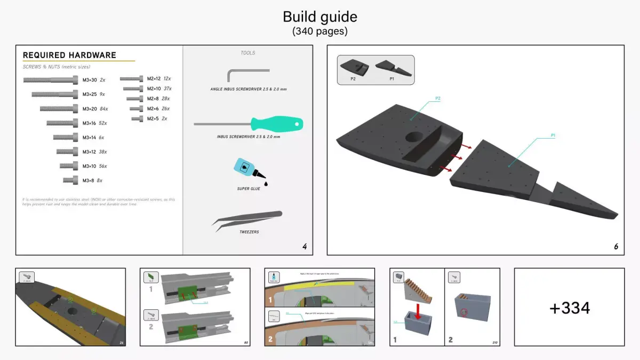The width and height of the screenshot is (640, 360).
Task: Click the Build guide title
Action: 320,17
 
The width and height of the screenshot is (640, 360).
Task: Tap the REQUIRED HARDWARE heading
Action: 69,55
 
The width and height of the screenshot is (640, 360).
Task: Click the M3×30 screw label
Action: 90,80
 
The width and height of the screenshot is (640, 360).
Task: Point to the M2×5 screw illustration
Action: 138,118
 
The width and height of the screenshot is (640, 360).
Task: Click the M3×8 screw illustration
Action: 71,180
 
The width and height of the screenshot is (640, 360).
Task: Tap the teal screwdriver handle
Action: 282,125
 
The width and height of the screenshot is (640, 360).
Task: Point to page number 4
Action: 305,247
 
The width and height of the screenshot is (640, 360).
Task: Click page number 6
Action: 616,247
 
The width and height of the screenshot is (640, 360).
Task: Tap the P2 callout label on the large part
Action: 438,99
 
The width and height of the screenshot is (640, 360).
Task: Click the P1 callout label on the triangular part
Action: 553,135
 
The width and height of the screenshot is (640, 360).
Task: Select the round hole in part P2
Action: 415,137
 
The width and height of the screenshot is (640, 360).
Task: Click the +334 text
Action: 569,308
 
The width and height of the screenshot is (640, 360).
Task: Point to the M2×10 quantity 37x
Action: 168,89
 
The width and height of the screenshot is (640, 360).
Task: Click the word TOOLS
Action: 247,53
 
